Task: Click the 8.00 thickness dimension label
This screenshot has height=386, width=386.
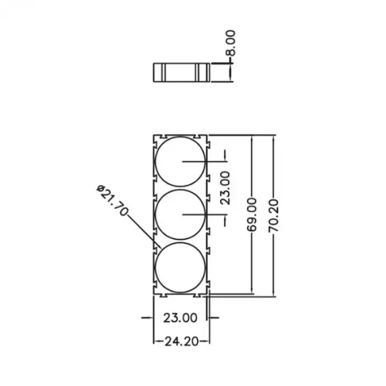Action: (230, 43)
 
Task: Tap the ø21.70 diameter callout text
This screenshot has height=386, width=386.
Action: (112, 200)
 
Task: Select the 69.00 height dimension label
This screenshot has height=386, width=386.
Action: (251, 214)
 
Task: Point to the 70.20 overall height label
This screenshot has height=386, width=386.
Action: (274, 216)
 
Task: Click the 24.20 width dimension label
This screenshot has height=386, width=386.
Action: (181, 341)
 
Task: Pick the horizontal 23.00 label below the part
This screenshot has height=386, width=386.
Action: (180, 318)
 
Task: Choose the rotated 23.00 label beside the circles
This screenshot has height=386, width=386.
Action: (225, 188)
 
